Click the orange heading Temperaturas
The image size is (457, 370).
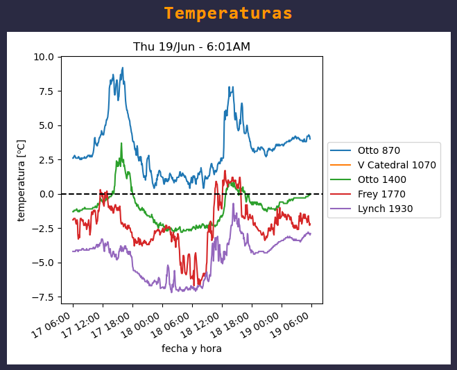[x=228, y=14]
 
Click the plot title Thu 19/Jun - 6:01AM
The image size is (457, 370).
[x=191, y=47]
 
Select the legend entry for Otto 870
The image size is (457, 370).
[x=379, y=150]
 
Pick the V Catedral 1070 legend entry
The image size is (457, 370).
[x=397, y=165]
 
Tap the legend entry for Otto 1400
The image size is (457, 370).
[x=381, y=179]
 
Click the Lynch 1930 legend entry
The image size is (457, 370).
[x=385, y=209]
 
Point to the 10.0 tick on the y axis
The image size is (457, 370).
[x=44, y=57]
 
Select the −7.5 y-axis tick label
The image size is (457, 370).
[x=43, y=297]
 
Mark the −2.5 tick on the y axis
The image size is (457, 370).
[x=43, y=229]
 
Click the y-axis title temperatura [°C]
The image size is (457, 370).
[x=21, y=180]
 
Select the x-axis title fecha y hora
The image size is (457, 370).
[x=191, y=349]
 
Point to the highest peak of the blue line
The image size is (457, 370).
[x=123, y=68]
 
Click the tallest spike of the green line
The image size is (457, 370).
[x=121, y=143]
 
